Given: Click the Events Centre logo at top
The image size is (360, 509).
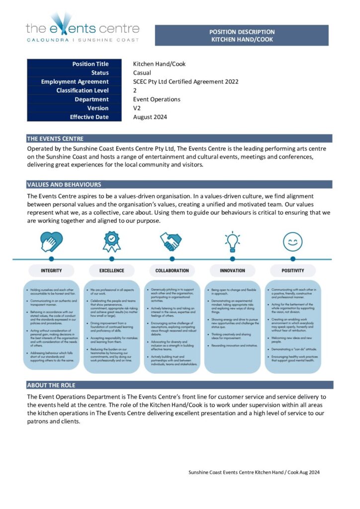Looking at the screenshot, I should tap(83, 31).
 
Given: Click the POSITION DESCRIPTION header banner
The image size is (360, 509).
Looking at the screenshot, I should tap(242, 35).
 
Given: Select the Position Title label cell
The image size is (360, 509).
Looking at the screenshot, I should tap(75, 64).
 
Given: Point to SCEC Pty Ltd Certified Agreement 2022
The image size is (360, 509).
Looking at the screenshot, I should tap(185, 82).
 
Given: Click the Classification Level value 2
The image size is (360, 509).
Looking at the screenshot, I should tap(135, 90).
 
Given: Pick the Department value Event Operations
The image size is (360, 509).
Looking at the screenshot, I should tap(157, 99).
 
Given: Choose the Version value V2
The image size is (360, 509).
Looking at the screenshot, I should tap(138, 108).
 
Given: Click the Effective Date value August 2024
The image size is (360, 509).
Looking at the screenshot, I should tap(150, 117).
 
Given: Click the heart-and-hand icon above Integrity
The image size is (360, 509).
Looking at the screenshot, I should tap(52, 242).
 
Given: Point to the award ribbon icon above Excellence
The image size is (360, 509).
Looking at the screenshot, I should tap(111, 242).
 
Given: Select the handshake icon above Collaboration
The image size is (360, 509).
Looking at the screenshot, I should tap(172, 242).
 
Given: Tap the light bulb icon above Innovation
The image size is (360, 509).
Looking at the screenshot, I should tap(232, 242).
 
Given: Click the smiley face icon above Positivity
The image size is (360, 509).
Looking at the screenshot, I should tap(293, 242).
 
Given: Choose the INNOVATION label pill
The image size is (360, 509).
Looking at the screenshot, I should tap(232, 270).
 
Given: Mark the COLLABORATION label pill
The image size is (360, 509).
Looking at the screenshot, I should tap(172, 270).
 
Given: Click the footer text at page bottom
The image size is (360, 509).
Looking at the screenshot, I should tap(254, 472).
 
